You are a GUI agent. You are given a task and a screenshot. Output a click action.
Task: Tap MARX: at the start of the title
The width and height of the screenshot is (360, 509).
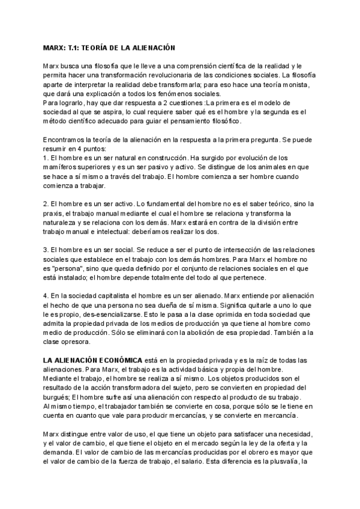tap(55, 47)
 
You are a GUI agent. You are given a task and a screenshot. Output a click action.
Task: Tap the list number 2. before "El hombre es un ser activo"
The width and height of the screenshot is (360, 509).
tap(46, 205)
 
